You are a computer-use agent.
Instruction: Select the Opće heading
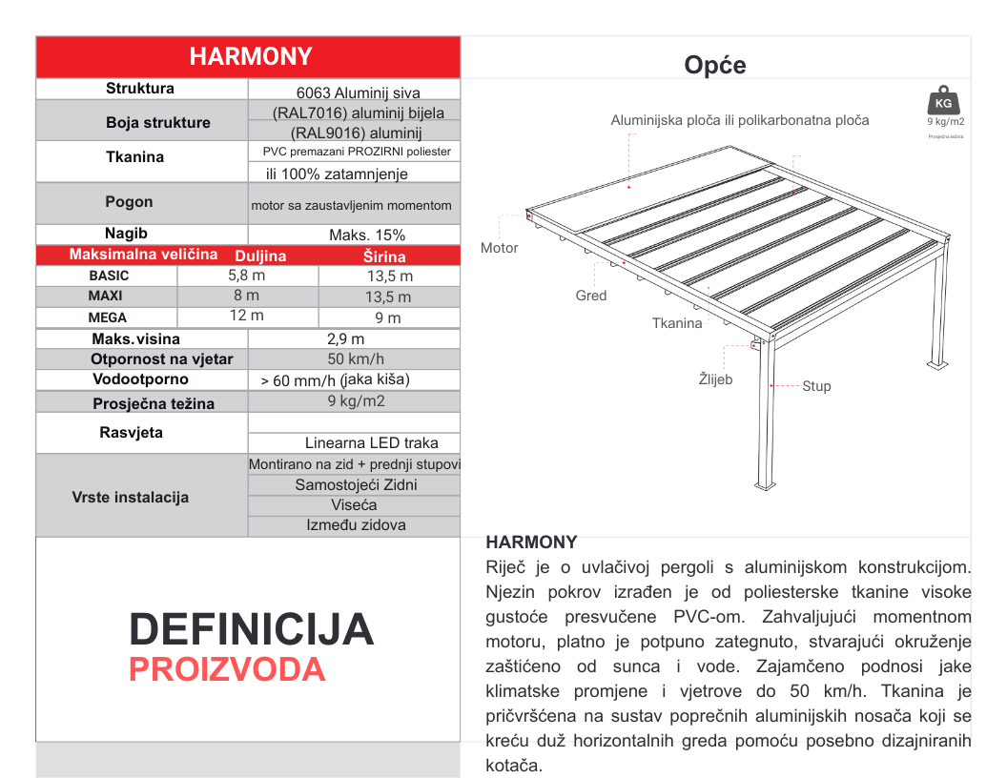tap(714, 65)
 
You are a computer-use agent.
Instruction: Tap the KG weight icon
tap(943, 101)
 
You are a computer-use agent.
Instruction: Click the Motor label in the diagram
tap(500, 248)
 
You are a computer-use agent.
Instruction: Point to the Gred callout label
tap(591, 296)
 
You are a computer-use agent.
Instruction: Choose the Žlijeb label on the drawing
tap(715, 379)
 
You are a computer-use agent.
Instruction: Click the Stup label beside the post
tap(816, 386)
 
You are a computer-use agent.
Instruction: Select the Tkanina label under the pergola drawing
tap(677, 323)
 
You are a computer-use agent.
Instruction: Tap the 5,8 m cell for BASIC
tap(246, 276)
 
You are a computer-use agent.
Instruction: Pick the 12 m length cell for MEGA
tap(246, 316)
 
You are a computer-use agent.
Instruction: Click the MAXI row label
tap(105, 296)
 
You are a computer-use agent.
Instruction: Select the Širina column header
tap(384, 256)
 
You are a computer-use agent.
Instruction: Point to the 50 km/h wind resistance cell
tap(356, 359)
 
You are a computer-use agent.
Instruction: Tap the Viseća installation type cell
tap(354, 504)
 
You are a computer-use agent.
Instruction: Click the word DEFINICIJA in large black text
tap(252, 630)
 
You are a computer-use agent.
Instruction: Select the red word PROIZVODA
tap(227, 670)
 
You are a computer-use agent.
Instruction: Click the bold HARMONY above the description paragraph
tap(531, 542)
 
